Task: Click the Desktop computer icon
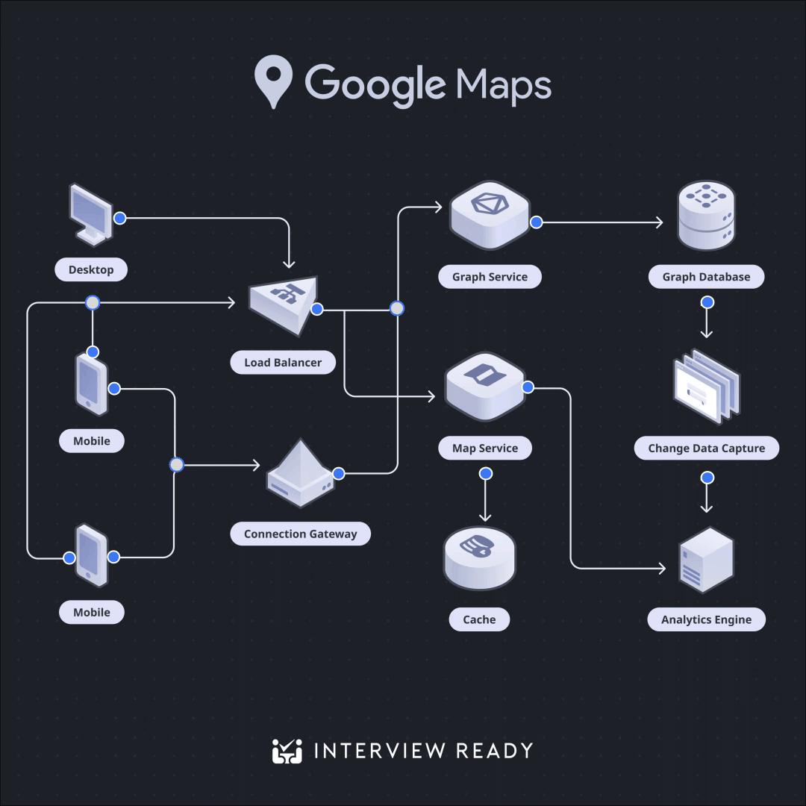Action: [x=91, y=214]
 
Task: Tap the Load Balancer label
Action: [x=283, y=363]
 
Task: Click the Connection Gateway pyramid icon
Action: [x=300, y=473]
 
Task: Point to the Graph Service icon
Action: [x=490, y=215]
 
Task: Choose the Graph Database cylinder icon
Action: [x=706, y=216]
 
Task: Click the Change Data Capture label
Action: [x=706, y=449]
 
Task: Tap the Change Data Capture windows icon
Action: [x=707, y=387]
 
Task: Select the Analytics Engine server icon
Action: [x=706, y=560]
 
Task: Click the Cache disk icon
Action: [x=480, y=558]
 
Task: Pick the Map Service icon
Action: [x=485, y=387]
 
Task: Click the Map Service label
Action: [x=485, y=449]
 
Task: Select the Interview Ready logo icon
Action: [x=287, y=751]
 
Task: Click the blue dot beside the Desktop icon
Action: [x=119, y=218]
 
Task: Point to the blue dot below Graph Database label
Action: [x=707, y=302]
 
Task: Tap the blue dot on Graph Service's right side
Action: [x=536, y=222]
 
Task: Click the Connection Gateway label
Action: [x=300, y=534]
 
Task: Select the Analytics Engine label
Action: [x=706, y=619]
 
